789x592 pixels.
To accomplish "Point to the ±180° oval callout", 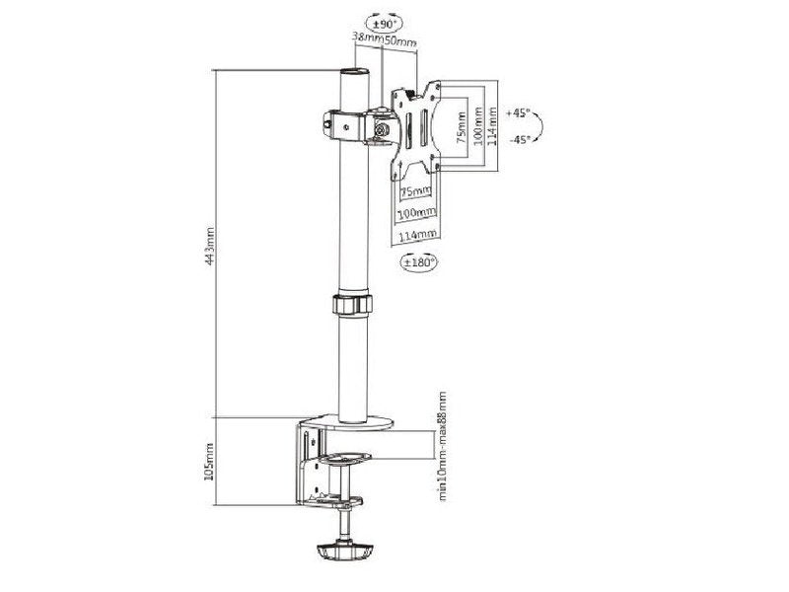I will point(420,262).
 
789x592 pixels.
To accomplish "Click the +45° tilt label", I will point(519,113).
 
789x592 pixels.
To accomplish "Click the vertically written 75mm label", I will point(461,128).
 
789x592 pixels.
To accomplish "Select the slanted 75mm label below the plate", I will point(416,190).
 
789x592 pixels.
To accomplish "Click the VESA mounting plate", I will point(414,128).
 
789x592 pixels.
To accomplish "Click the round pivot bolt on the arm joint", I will point(381,128).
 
